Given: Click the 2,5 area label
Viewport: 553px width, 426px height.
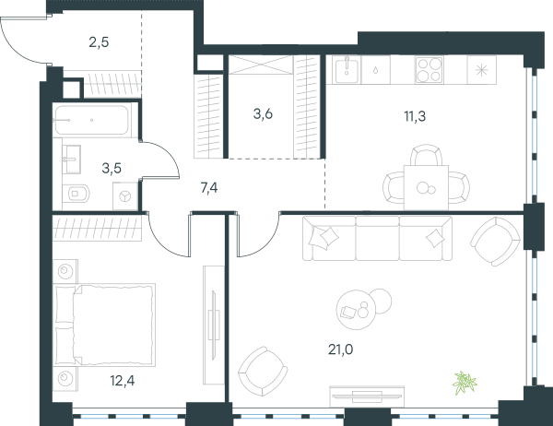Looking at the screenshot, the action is (x=99, y=42).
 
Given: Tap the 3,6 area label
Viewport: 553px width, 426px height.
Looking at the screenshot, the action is (x=263, y=114).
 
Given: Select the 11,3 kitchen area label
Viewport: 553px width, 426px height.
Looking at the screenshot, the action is (x=415, y=116).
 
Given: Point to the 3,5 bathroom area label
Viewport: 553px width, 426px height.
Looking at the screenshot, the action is (x=112, y=169).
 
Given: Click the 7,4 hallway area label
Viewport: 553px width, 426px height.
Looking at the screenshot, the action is (x=209, y=188).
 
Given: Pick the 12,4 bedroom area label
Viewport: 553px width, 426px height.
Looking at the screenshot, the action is (x=122, y=381).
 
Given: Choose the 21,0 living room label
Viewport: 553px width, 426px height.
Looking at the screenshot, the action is (x=340, y=349).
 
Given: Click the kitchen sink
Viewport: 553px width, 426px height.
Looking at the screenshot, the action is (x=347, y=69).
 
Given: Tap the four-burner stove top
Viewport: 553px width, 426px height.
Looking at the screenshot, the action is (x=429, y=70).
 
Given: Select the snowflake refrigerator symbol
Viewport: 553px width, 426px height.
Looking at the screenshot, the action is (x=481, y=70).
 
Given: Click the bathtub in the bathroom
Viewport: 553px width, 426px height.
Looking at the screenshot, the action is (x=91, y=120).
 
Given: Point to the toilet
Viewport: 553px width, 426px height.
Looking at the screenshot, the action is (x=76, y=194).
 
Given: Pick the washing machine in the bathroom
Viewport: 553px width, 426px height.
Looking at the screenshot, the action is (x=124, y=196).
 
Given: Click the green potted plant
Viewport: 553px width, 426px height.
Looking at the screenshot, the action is (x=465, y=383).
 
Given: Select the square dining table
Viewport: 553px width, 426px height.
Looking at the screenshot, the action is (x=426, y=187).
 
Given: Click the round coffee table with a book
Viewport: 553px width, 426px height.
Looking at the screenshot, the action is (x=356, y=310).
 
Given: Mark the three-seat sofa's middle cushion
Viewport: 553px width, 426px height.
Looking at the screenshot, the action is (x=377, y=239).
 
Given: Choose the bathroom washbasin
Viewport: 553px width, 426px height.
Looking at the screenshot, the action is (x=72, y=160).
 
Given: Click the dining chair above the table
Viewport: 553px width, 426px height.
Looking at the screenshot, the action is (x=426, y=155).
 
